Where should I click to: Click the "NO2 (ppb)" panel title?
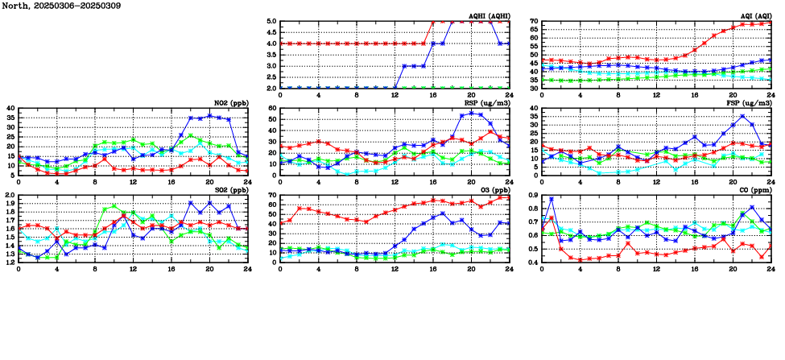click(230, 102)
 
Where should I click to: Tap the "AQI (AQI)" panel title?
click(754, 15)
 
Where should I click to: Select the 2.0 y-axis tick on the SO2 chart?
click(10, 196)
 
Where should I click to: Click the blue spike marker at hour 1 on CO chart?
click(552, 199)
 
